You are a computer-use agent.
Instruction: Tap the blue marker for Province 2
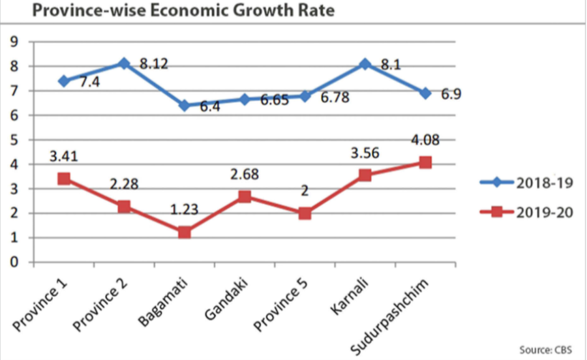click(x=124, y=63)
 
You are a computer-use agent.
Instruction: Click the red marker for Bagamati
click(x=185, y=232)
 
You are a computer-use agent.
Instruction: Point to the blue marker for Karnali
click(x=365, y=64)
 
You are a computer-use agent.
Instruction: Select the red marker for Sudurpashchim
click(x=425, y=162)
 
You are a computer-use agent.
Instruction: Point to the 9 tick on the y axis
click(x=14, y=42)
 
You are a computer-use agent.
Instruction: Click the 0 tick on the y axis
click(x=14, y=263)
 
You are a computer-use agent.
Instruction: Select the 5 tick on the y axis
click(x=14, y=140)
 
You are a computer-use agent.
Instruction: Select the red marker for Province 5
click(x=305, y=213)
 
